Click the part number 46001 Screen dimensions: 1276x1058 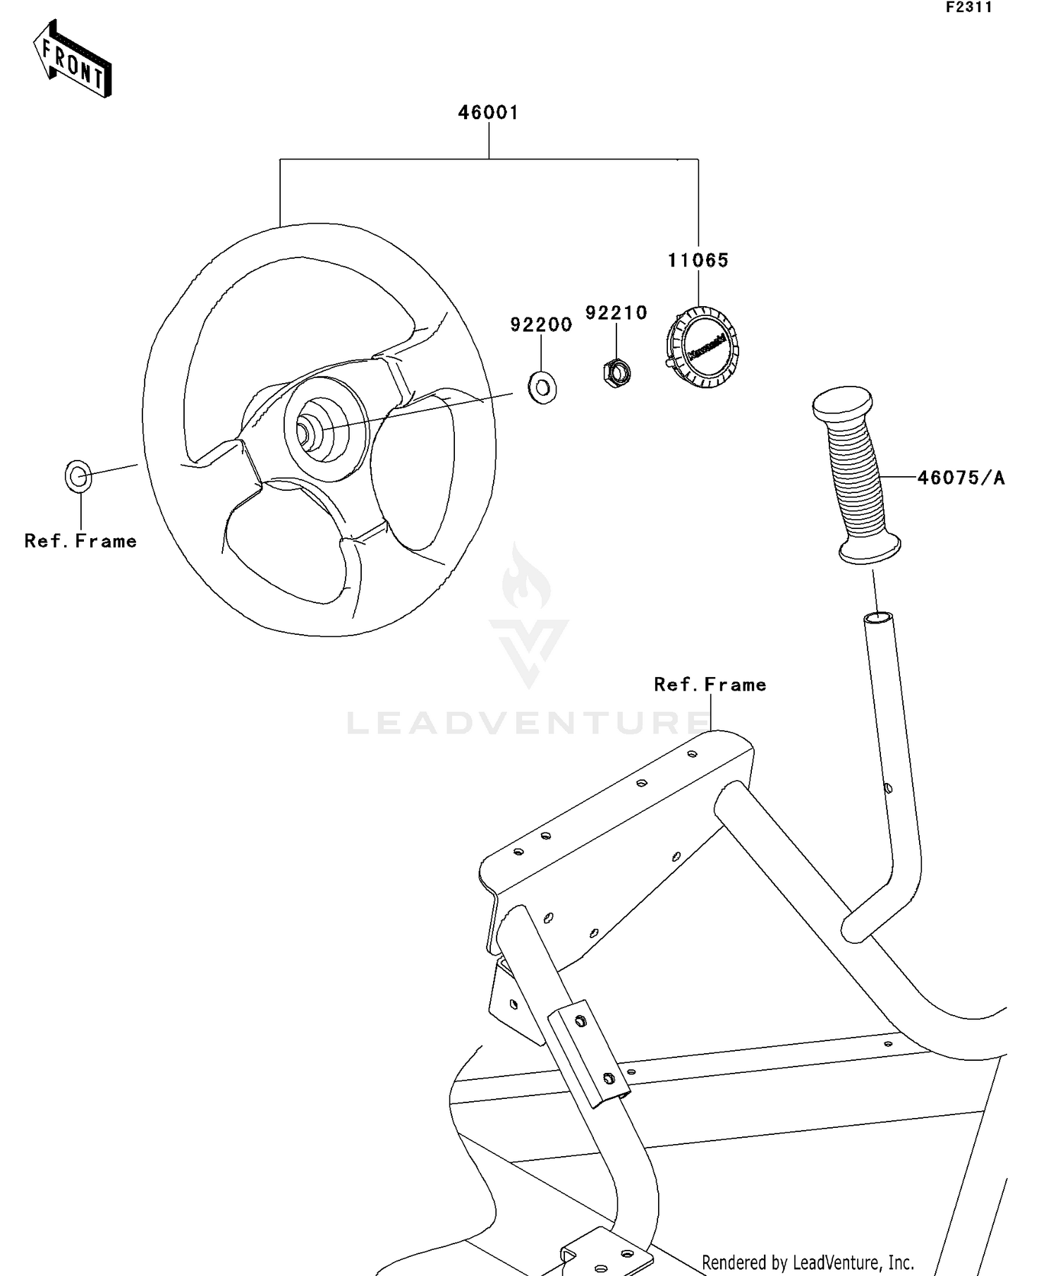pos(488,113)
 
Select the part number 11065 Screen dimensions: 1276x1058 pos(698,260)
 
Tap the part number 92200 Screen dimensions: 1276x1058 pos(541,324)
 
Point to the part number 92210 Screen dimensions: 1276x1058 pos(616,312)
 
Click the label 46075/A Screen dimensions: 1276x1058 pos(961,478)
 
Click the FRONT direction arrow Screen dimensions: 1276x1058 pos(73,59)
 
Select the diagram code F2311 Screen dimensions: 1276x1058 pos(968,8)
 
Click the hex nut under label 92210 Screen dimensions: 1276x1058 pos(617,371)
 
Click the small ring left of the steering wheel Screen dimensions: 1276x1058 pos(78,477)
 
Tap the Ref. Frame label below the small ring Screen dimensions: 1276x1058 pos(80,541)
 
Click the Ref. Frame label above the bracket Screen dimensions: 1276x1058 pos(710,684)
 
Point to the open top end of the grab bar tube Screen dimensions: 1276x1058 pos(878,618)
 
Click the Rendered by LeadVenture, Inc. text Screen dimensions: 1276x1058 pos(808,1263)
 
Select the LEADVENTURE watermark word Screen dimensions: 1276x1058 pos(529,723)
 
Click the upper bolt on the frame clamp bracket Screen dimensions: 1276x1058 pos(580,1021)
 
